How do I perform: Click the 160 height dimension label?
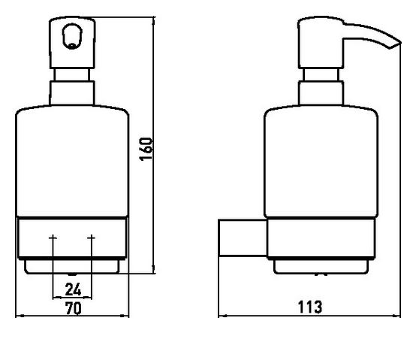point(146,149)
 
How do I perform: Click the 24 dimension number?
point(73,289)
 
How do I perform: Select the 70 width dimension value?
point(74,308)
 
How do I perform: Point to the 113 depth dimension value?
point(310,307)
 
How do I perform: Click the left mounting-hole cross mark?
point(53,237)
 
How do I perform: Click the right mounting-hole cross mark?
point(92,237)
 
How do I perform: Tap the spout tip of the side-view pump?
point(400,43)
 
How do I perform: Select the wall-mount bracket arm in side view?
point(243,237)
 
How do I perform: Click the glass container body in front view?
point(72,161)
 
